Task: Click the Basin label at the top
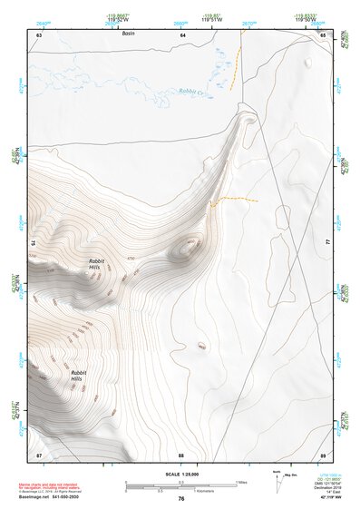tap(128, 44)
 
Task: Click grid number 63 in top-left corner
tap(39, 34)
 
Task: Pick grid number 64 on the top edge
tap(182, 34)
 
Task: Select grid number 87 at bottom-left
tap(39, 454)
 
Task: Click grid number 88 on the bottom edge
tap(181, 454)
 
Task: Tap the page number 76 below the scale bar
tap(181, 499)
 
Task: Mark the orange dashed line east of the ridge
tap(237, 199)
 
